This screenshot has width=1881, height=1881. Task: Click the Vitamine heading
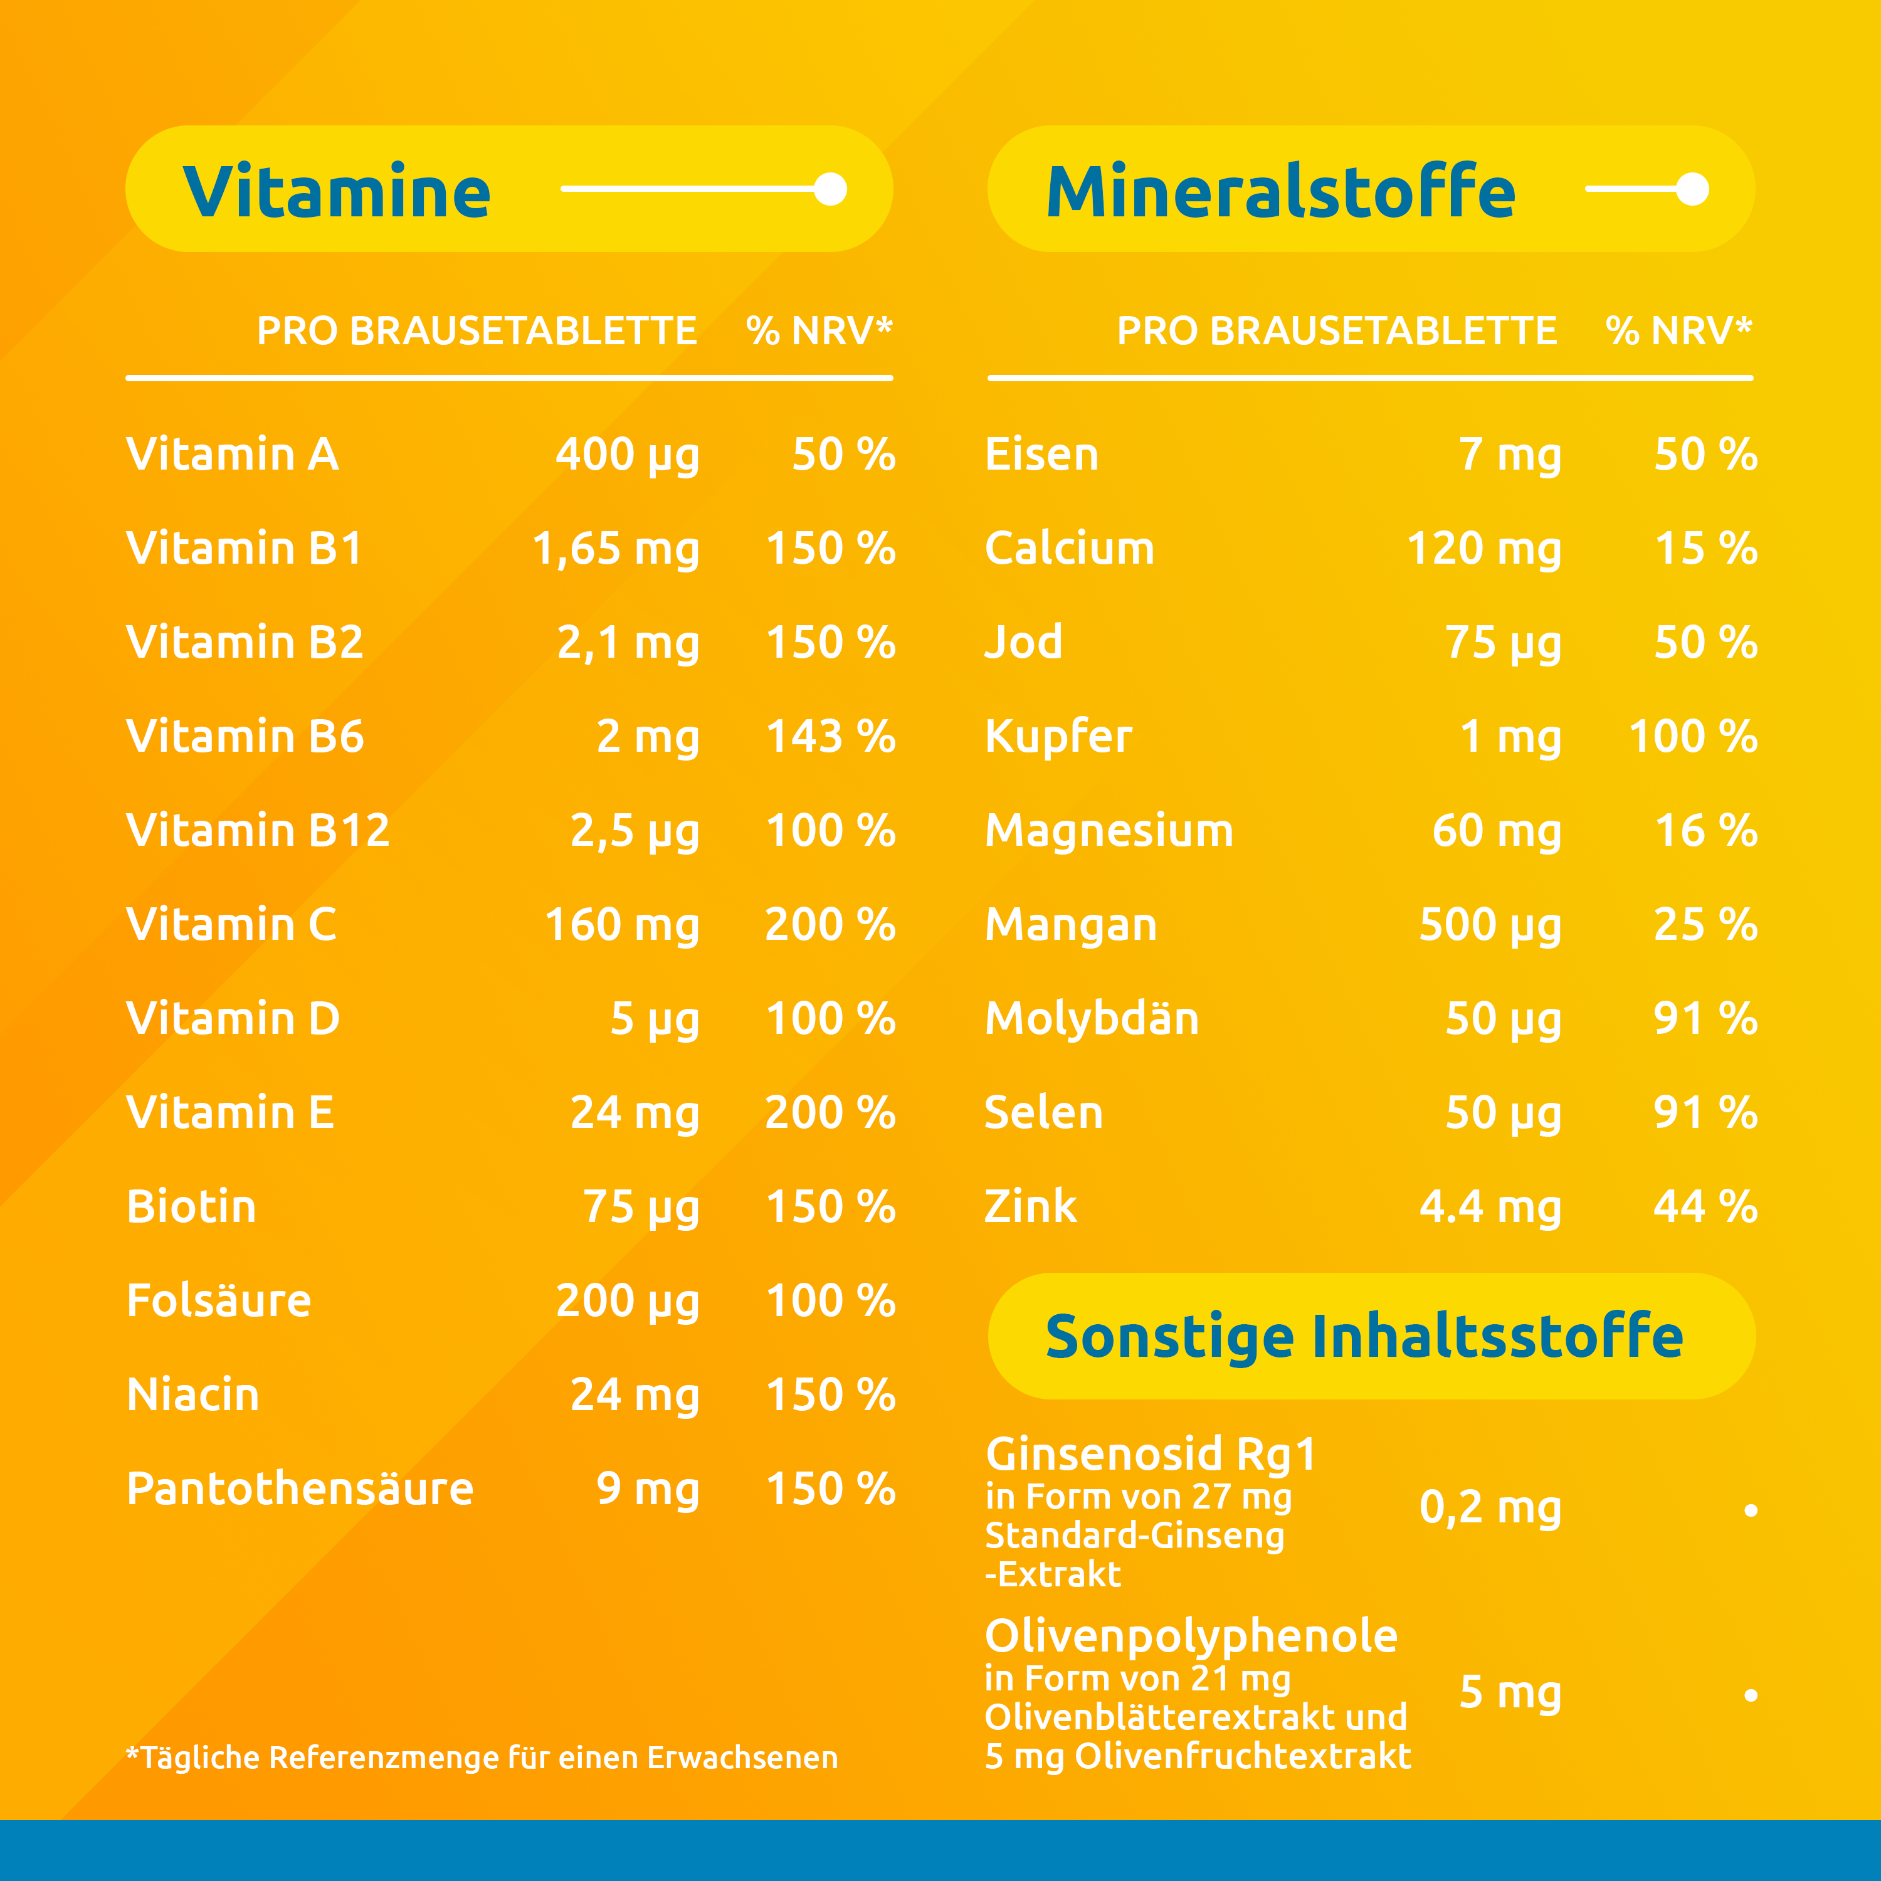[x=336, y=192]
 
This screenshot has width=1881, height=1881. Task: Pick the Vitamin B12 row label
[x=258, y=831]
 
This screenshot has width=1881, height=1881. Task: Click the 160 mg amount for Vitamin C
[x=621, y=925]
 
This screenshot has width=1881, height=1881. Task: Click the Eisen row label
[x=1041, y=455]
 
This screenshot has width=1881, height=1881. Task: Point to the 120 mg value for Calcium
[x=1483, y=549]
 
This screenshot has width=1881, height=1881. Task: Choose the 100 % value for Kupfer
[x=1692, y=737]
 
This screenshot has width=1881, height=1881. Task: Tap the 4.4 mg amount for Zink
[x=1490, y=1207]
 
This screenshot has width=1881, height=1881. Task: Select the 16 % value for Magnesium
[x=1705, y=831]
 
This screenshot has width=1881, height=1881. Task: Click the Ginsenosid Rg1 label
[x=1151, y=1455]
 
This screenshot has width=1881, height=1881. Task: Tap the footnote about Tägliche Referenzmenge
[x=482, y=1757]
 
